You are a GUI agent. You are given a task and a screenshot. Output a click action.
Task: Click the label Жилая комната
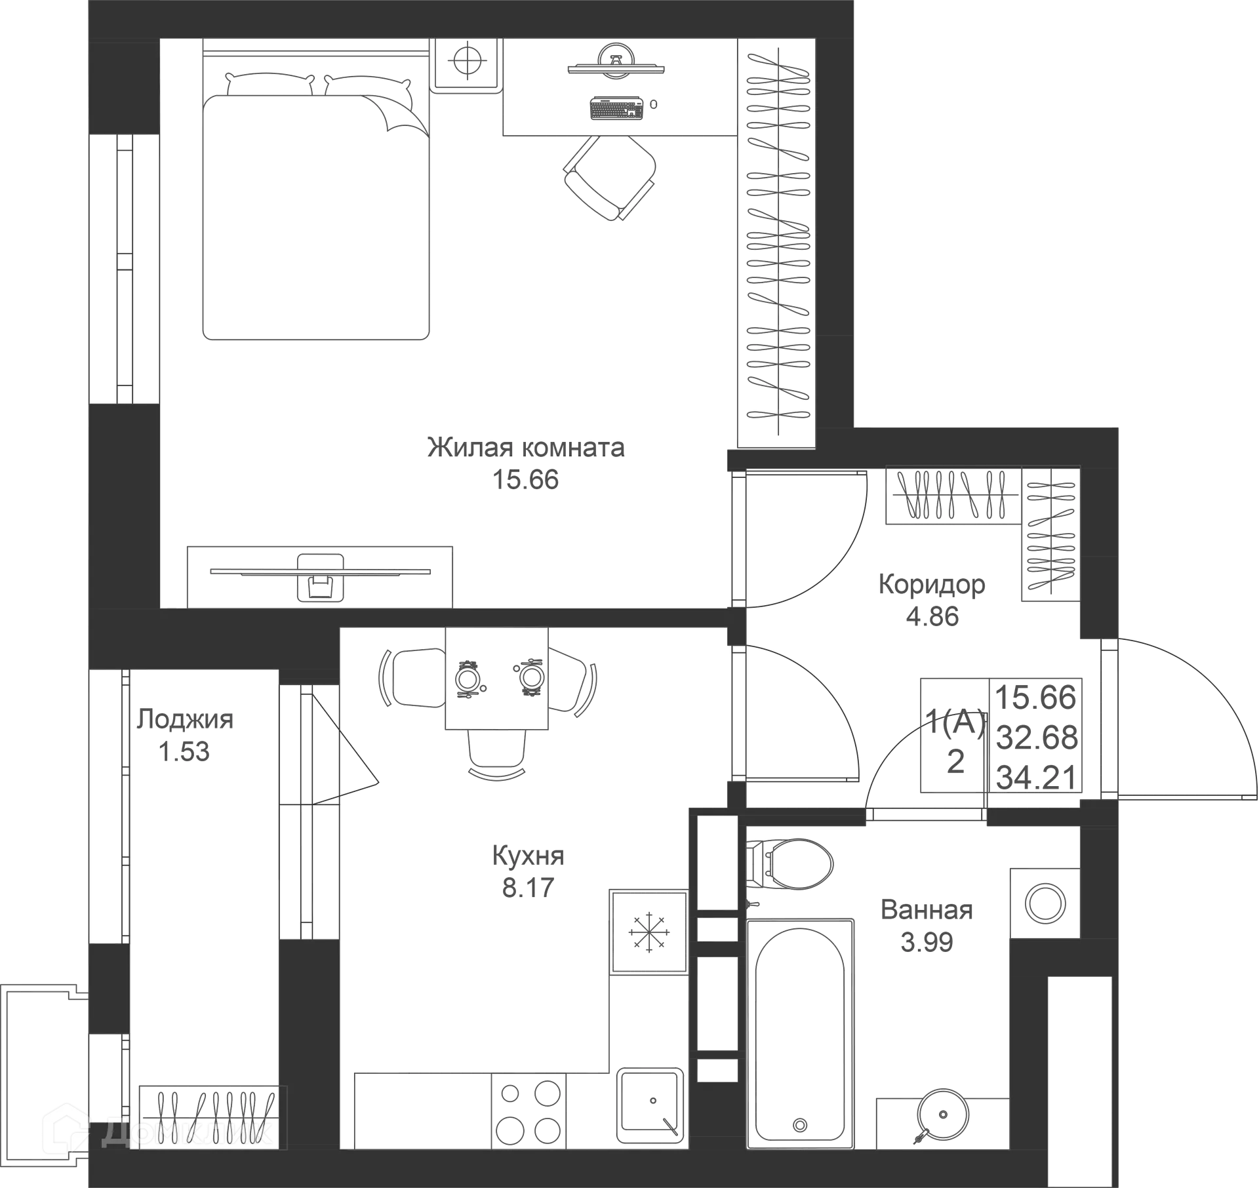(x=526, y=448)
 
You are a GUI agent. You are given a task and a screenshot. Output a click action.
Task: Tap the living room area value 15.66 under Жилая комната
(x=526, y=480)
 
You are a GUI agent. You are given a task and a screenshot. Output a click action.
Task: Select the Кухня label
(x=528, y=856)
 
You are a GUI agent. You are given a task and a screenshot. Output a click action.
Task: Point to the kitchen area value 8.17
(x=529, y=888)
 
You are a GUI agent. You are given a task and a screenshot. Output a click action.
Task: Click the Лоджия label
(x=185, y=720)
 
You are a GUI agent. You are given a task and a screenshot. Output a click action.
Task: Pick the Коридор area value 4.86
(x=932, y=616)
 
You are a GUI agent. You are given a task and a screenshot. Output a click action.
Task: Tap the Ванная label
(x=927, y=910)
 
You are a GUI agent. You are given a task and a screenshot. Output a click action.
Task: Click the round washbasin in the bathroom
(x=942, y=1114)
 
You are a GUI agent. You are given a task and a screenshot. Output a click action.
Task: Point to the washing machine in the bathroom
(x=1045, y=903)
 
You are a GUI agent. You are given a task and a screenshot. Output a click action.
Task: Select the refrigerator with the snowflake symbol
(x=649, y=932)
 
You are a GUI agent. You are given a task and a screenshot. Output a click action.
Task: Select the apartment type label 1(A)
(x=955, y=723)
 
